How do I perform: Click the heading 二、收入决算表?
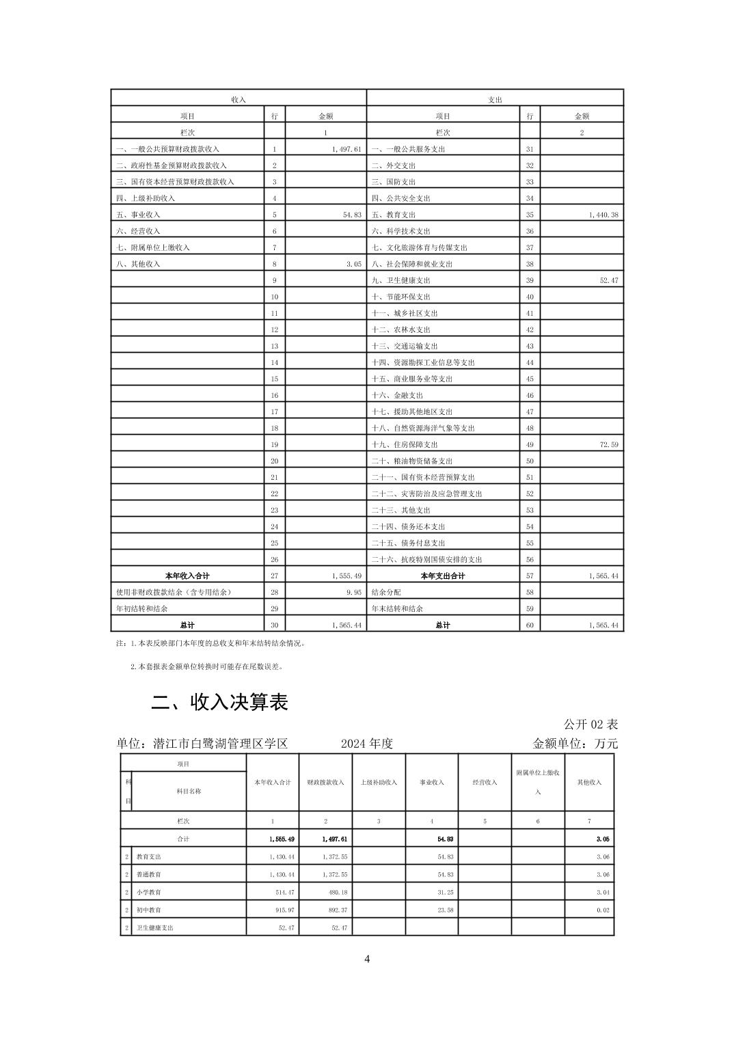point(219,702)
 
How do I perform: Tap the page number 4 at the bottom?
point(367,959)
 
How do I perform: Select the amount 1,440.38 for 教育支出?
point(603,215)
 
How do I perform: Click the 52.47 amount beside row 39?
point(609,280)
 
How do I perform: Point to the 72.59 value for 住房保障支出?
point(609,444)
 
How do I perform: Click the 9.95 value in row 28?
point(353,592)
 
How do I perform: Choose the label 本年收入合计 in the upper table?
point(187,576)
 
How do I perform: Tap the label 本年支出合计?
point(443,576)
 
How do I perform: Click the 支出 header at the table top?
point(495,100)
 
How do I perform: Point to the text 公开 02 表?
point(590,724)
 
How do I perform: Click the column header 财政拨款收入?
point(325,782)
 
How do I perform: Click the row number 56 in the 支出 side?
point(530,559)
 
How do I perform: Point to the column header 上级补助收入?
point(379,782)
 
